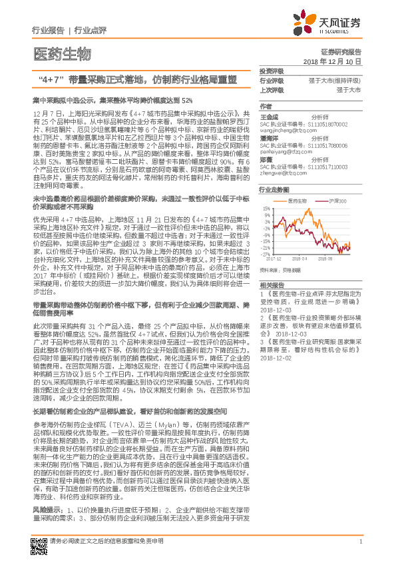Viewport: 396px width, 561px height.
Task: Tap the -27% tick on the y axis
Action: (x=266, y=254)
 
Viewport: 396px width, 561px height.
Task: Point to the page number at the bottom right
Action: (x=360, y=542)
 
